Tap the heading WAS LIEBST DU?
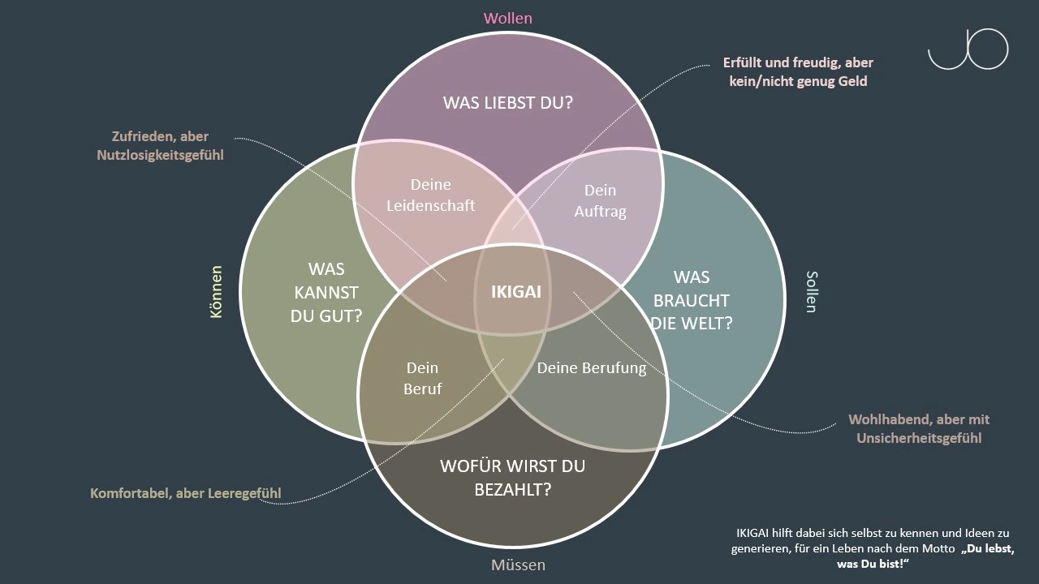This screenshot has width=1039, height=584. [508, 103]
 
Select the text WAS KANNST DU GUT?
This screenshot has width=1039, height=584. [326, 292]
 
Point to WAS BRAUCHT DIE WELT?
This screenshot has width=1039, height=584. [692, 300]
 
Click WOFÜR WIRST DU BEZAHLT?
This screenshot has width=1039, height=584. [511, 478]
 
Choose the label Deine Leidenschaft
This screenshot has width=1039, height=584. [430, 195]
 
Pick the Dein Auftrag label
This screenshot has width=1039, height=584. [601, 200]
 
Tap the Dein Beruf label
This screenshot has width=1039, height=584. [422, 378]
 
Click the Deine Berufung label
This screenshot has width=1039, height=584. [592, 367]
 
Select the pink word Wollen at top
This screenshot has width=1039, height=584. [508, 18]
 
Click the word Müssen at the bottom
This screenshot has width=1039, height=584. [518, 565]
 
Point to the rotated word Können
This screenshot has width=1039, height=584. [216, 291]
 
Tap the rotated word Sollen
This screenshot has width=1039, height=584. [810, 292]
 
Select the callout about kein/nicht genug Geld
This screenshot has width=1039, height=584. [798, 71]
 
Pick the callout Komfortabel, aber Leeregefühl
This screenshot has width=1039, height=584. [186, 492]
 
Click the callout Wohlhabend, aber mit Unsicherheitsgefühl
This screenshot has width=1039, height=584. [919, 428]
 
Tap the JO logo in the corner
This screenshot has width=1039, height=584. [968, 49]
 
